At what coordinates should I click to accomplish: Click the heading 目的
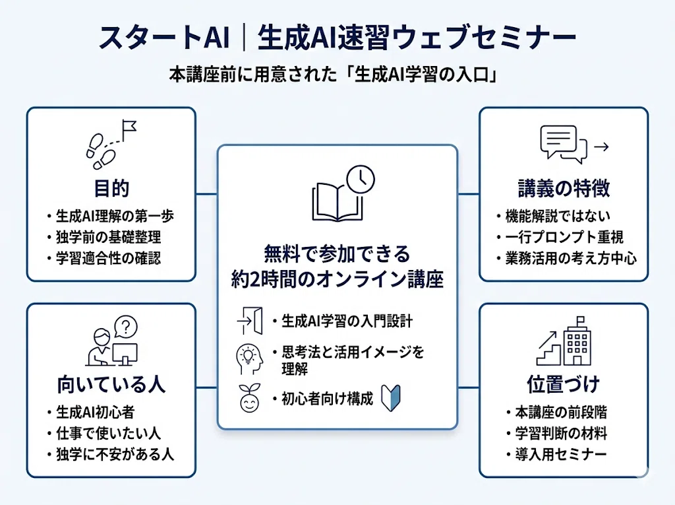pyautogui.click(x=111, y=188)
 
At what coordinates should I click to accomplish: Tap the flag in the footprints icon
pyautogui.click(x=129, y=129)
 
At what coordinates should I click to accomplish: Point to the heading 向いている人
pyautogui.click(x=111, y=384)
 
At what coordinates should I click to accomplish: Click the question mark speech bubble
pyautogui.click(x=126, y=327)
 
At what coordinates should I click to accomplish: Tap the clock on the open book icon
pyautogui.click(x=361, y=179)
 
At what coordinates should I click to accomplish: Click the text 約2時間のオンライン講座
pyautogui.click(x=337, y=279)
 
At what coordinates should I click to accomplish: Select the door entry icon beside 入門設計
pyautogui.click(x=250, y=321)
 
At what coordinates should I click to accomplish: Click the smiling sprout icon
pyautogui.click(x=250, y=398)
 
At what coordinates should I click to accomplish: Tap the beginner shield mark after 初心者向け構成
pyautogui.click(x=391, y=398)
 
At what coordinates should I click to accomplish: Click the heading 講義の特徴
pyautogui.click(x=564, y=188)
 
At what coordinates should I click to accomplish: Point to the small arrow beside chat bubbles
pyautogui.click(x=601, y=147)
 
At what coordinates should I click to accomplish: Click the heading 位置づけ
pyautogui.click(x=564, y=384)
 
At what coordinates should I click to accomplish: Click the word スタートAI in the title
pyautogui.click(x=163, y=38)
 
